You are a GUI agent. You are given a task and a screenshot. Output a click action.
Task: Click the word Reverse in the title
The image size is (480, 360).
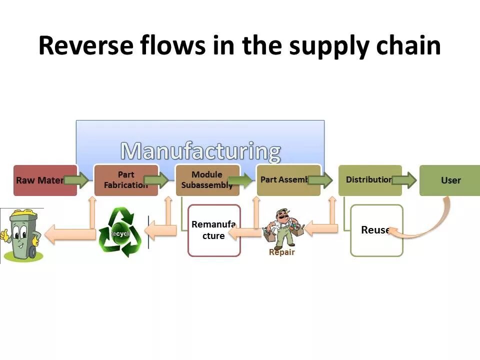tap(85, 45)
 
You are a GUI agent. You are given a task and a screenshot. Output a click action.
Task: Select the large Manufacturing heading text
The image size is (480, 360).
tap(200, 150)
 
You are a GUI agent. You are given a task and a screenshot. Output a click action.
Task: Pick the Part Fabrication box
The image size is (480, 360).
tap(125, 180)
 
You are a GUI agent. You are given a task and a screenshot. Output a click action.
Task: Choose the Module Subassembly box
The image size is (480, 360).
tap(206, 180)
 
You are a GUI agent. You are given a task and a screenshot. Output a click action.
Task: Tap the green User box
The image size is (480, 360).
tap(450, 180)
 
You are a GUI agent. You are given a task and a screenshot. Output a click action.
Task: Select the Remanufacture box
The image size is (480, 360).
tap(214, 230)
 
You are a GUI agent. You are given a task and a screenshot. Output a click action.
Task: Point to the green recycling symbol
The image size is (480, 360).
tap(120, 232)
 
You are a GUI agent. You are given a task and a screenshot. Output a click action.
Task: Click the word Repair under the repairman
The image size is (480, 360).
tap(282, 252)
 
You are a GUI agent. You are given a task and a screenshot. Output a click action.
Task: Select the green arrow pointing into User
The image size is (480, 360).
tap(404, 180)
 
